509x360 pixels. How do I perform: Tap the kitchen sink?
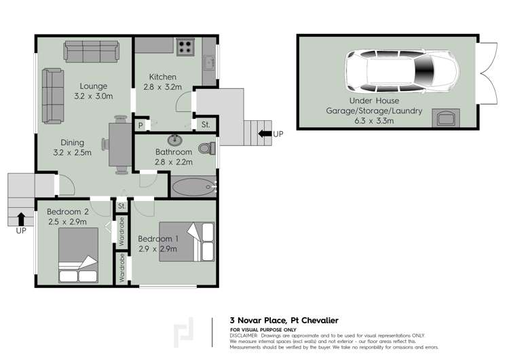coord(209,62)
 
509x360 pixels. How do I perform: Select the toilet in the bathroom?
coord(206,147)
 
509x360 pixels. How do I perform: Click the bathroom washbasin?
coord(175,141)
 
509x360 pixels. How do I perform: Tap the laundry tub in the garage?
coord(445,119)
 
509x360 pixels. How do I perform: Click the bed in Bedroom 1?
coord(187,242)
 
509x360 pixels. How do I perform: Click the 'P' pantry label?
coord(141,125)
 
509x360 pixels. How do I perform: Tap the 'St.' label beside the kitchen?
coord(205,125)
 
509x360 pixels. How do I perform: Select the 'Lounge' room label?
coord(94,86)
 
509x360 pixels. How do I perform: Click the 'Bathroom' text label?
coord(174,152)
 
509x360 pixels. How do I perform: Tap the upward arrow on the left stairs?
coord(21,219)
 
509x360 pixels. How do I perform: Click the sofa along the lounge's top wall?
coord(94,52)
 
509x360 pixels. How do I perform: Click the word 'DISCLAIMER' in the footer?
coord(245,335)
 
